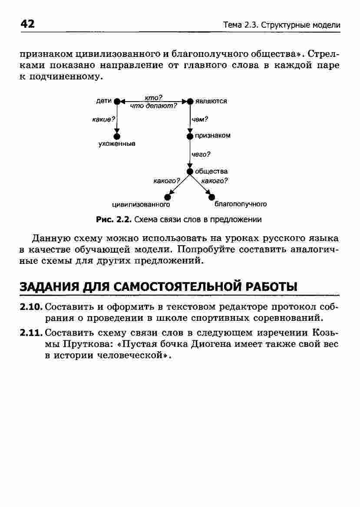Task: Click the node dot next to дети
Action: coord(116,101)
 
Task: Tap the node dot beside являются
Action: coord(190,101)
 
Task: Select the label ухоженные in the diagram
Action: coord(116,144)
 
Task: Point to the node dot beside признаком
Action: coord(189,136)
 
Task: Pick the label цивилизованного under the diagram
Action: coord(141,204)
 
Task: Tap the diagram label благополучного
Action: coord(240,204)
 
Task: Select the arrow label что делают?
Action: coord(154,105)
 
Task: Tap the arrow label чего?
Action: coord(201,154)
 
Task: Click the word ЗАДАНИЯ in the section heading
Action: coord(50,287)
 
